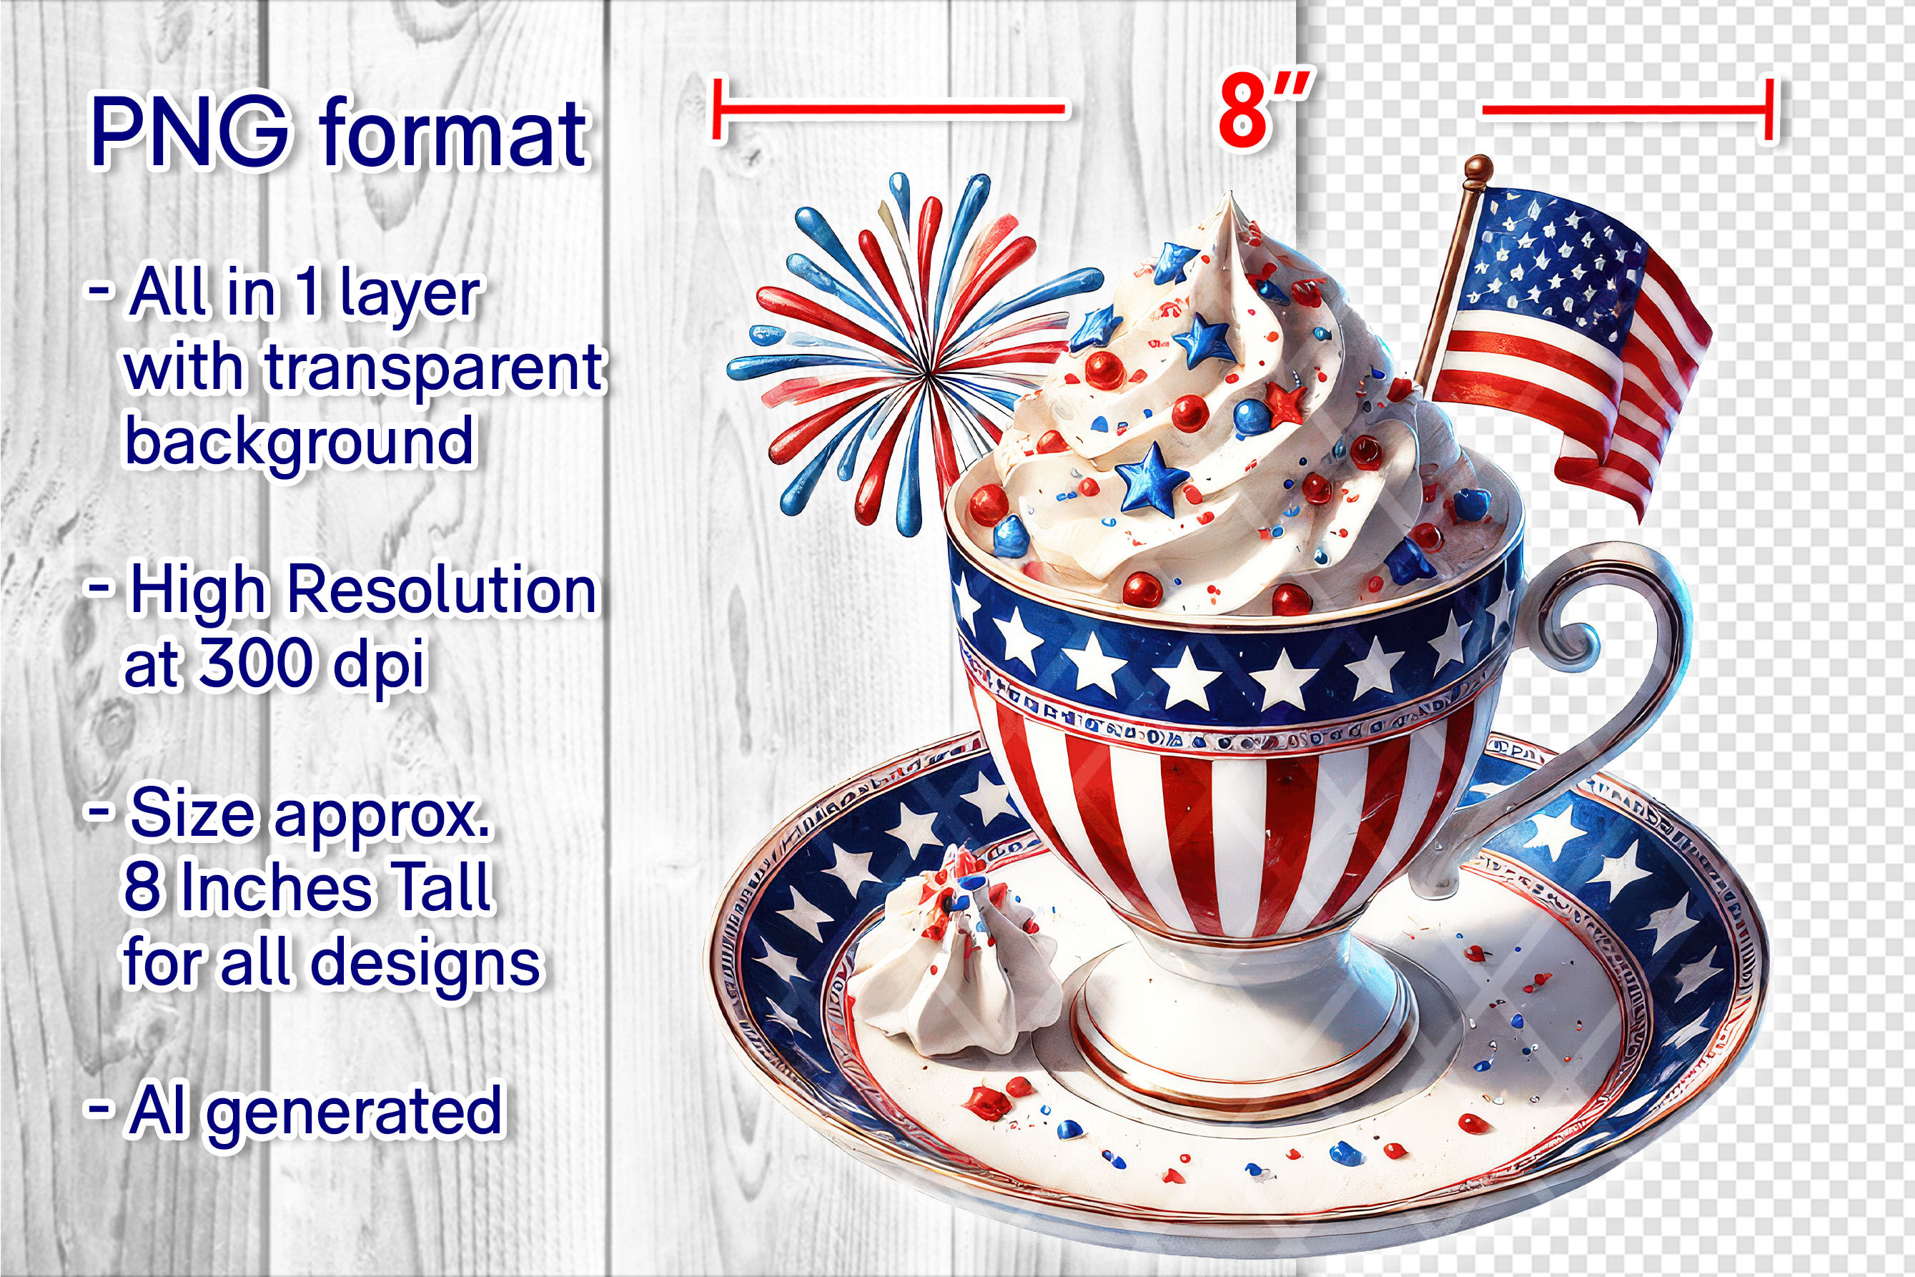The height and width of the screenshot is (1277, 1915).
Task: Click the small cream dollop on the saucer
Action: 951,953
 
